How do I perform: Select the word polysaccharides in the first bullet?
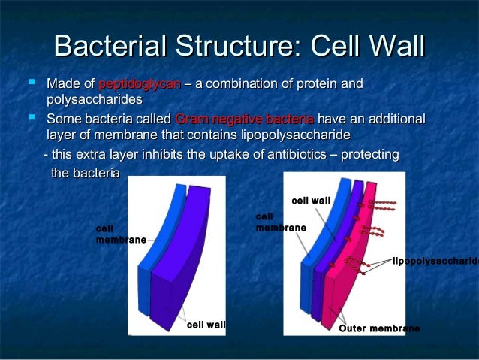[x=95, y=100]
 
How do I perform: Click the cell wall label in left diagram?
[x=206, y=325]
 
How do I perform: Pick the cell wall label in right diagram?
[x=311, y=201]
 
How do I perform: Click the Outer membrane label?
[x=379, y=329]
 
